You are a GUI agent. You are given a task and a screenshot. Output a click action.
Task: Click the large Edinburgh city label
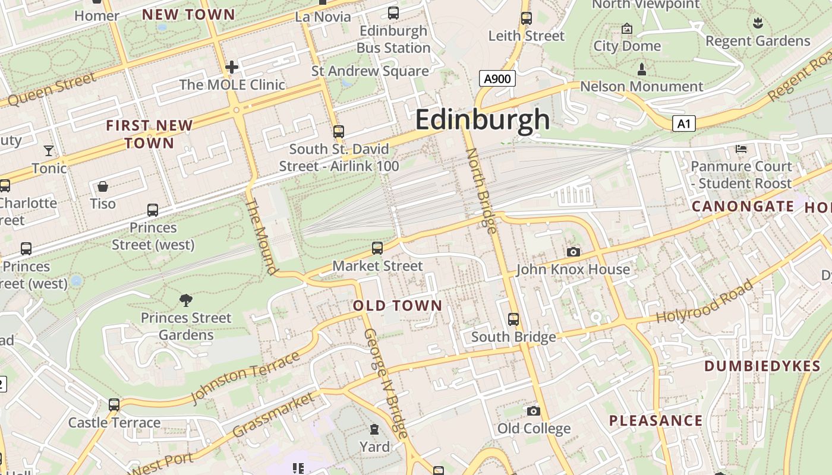(x=483, y=119)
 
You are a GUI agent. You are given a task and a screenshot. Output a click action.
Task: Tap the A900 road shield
(x=496, y=78)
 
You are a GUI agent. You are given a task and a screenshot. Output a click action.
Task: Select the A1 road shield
(x=684, y=123)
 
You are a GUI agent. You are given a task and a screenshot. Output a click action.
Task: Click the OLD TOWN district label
(x=398, y=306)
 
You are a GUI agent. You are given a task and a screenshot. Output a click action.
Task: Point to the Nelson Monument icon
(x=641, y=69)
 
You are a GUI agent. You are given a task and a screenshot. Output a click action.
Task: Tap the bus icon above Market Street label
(x=377, y=248)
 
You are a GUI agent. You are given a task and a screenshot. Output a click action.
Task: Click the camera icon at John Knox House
(x=573, y=252)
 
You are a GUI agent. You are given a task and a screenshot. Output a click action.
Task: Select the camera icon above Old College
(x=534, y=411)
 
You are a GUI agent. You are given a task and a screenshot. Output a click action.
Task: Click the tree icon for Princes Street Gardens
(x=186, y=301)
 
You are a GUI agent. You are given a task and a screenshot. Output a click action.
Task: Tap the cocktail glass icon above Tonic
(x=49, y=151)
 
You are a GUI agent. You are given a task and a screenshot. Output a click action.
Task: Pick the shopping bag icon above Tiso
(x=103, y=186)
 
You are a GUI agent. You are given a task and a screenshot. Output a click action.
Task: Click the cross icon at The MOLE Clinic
(x=232, y=66)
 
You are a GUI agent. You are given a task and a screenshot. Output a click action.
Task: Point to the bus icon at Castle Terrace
(x=114, y=405)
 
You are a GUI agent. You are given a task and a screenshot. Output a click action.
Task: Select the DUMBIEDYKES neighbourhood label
(x=762, y=366)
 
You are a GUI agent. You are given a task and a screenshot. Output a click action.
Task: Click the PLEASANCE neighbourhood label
(x=655, y=421)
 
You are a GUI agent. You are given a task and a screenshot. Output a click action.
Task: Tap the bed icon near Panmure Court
(x=741, y=149)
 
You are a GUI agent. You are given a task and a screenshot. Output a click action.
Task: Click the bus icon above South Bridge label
(x=513, y=319)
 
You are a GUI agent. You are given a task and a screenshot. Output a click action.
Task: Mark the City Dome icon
(x=626, y=28)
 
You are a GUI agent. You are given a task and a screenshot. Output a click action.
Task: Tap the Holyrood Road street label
(x=705, y=302)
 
